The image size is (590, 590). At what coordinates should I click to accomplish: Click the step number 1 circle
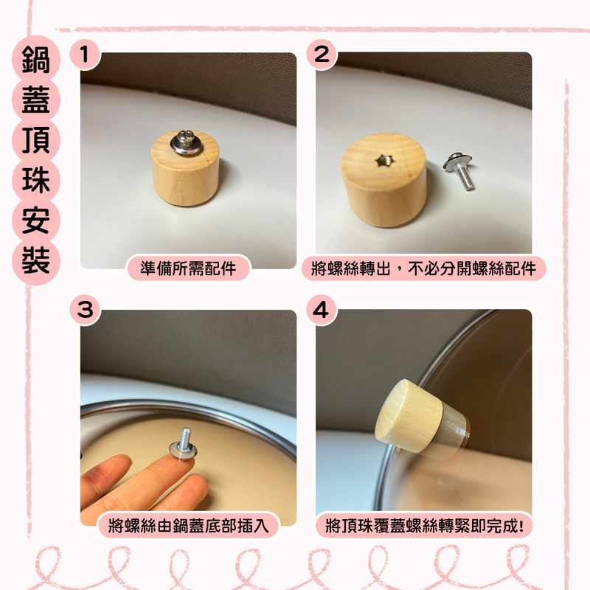point(86,55)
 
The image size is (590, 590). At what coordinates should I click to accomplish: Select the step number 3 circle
point(86,310)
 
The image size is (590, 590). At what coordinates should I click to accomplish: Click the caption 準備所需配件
point(188,268)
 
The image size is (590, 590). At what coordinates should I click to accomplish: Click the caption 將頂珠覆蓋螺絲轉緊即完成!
point(424,526)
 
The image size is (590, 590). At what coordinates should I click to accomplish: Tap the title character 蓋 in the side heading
point(35,102)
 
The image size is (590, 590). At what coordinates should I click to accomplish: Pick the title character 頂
point(35,142)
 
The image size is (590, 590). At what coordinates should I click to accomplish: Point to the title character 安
point(35,222)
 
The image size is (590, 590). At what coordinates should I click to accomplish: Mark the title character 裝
point(35,262)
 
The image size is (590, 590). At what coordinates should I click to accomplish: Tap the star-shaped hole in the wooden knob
point(383,160)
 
